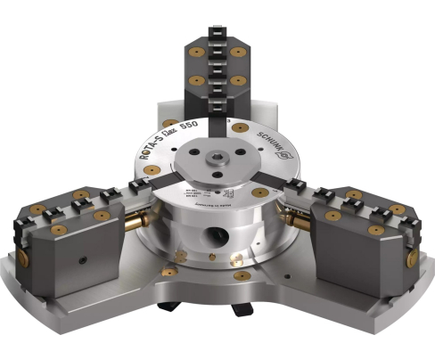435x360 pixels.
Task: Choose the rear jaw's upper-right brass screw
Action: coord(238,51)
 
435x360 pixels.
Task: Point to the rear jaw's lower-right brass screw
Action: coord(238,80)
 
